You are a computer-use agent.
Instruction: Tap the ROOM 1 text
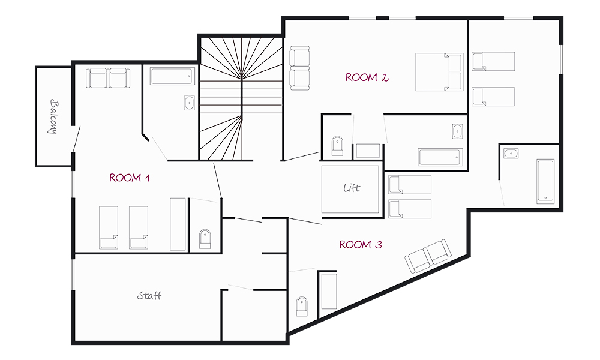130,178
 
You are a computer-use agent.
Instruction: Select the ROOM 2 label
367,77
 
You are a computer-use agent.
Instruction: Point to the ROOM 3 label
361,244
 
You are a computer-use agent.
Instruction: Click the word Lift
352,188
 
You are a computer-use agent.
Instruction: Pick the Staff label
149,296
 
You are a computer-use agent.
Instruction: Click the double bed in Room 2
439,72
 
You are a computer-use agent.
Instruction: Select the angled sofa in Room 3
428,256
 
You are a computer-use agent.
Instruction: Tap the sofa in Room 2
299,68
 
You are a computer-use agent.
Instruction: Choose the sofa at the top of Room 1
108,78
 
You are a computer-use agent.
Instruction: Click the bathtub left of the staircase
172,77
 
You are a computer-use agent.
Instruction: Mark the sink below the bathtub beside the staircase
190,103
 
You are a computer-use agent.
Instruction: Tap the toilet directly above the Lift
337,146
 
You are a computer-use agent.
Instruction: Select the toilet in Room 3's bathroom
302,306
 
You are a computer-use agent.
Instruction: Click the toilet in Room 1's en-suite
205,239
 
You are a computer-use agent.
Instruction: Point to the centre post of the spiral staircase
242,98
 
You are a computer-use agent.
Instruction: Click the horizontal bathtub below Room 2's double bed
440,157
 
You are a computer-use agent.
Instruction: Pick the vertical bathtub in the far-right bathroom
545,181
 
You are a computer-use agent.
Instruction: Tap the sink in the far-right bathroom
511,154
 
